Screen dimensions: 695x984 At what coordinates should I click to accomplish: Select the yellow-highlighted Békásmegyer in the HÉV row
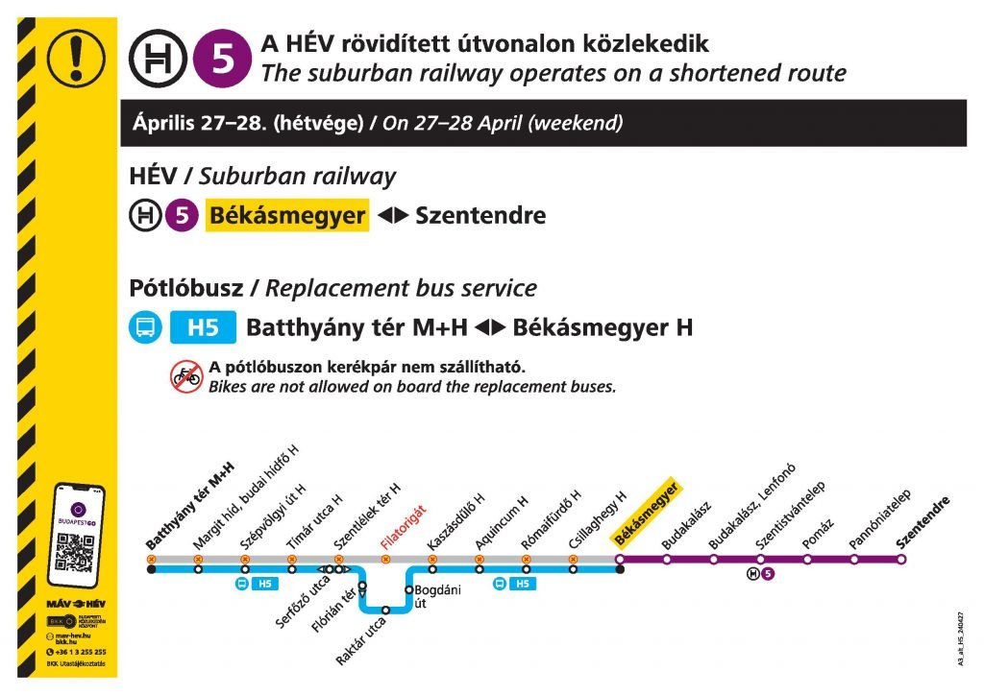[286, 215]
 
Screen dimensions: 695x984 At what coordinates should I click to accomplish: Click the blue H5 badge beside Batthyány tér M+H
[202, 328]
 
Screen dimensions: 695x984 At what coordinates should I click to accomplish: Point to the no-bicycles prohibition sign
[186, 377]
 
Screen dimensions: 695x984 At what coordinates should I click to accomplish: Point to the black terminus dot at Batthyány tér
[152, 569]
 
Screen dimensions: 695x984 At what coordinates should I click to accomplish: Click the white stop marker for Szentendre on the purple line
[901, 559]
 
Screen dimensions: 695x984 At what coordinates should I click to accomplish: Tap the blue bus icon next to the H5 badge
[145, 328]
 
